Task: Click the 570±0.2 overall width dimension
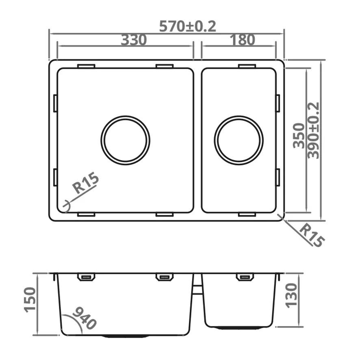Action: [x=188, y=26]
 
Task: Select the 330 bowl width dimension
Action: [x=134, y=40]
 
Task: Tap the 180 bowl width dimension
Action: [x=243, y=39]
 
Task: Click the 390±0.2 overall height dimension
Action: [x=313, y=130]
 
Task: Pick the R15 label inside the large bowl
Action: [x=85, y=184]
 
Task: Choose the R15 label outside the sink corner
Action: [x=312, y=236]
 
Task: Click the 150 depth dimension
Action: [x=30, y=299]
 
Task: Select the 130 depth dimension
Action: [x=291, y=296]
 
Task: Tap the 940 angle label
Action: [x=84, y=318]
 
